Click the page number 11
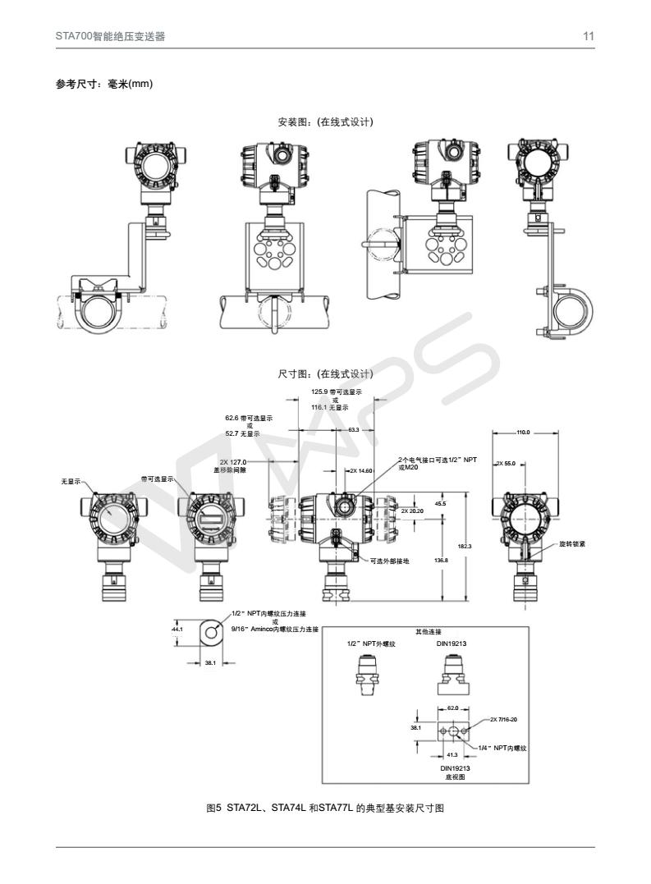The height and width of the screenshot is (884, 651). (x=589, y=36)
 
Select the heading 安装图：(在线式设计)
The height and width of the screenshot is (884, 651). (x=326, y=122)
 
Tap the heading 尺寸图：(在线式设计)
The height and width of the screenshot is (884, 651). (x=326, y=374)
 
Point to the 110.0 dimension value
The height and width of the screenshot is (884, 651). (x=523, y=432)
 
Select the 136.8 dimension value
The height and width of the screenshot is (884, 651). (x=440, y=560)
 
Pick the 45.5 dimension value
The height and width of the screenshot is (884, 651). (x=440, y=503)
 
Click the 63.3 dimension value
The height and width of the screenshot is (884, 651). (x=353, y=429)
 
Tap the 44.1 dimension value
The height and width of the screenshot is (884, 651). (x=176, y=629)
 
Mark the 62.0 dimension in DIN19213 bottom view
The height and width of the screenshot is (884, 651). (x=452, y=707)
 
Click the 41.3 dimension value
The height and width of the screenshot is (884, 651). (x=452, y=753)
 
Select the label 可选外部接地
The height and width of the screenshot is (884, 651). (x=389, y=561)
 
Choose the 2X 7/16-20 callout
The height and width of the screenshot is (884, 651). (x=502, y=719)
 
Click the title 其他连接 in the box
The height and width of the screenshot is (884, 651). (x=429, y=631)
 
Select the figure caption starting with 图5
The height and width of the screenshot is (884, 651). (x=325, y=808)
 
